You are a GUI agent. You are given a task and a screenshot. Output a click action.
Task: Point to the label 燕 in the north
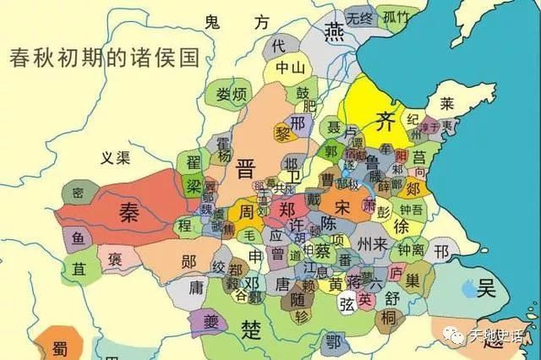[x=333, y=31]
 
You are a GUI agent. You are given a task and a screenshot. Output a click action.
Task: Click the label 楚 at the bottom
[x=250, y=327]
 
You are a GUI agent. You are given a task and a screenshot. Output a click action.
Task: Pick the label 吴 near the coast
[x=485, y=288]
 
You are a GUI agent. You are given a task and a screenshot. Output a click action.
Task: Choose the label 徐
[x=401, y=226]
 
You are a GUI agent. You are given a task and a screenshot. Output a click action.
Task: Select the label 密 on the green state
[x=78, y=193]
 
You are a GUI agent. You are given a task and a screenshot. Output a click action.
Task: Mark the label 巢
[x=415, y=278]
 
